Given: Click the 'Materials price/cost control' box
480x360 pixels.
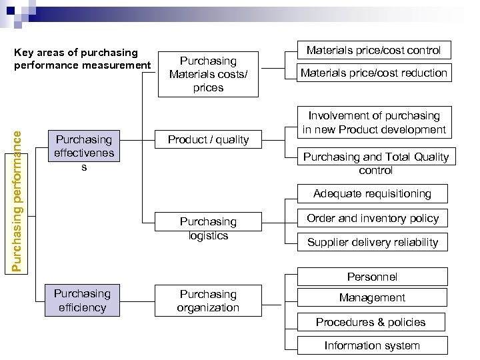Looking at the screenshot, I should coord(373,50).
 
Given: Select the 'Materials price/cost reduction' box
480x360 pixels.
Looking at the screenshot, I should coord(373,73).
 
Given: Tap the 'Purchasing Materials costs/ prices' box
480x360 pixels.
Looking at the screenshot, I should coord(208,74).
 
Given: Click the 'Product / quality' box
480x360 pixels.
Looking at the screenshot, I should coord(208,139).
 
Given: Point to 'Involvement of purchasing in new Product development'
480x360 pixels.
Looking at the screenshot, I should coord(373,123).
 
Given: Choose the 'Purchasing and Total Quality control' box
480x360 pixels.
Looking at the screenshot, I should coord(376,163).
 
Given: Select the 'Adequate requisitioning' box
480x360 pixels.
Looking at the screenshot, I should coord(373,193).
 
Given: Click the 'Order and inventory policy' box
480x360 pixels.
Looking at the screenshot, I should coord(373,218).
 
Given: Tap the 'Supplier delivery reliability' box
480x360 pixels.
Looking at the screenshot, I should coord(373,242).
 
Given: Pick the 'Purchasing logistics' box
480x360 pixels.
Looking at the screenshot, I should coord(208,228).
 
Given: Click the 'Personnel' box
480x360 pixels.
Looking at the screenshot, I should coord(372,277).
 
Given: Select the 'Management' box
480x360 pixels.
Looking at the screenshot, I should coord(372,298).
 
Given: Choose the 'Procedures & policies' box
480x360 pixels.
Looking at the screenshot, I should coord(371,322).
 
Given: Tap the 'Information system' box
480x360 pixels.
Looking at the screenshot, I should coord(372,345).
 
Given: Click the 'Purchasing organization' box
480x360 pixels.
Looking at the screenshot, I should coord(208,301).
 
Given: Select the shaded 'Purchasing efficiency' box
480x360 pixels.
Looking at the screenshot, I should coord(82,300).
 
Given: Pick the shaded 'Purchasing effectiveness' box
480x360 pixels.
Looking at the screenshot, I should coord(84,153).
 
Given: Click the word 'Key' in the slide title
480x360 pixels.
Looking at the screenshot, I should coord(24,52).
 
